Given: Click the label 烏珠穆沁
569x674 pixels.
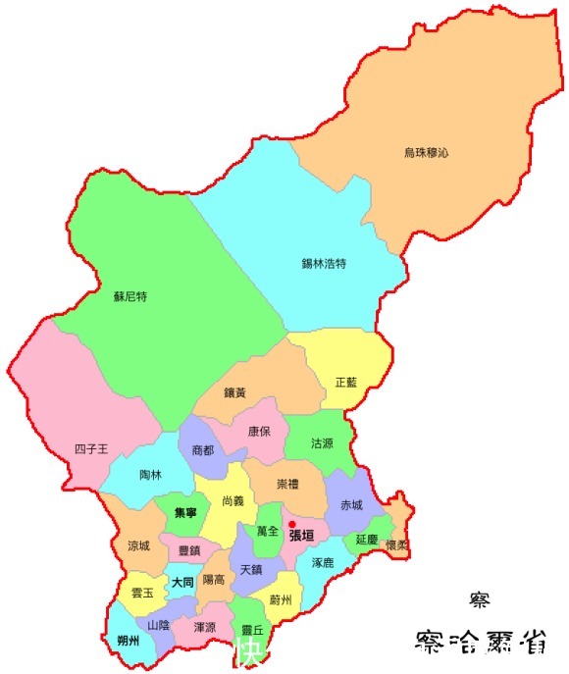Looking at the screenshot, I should (426, 153).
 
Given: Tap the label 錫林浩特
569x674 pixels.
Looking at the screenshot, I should (324, 264).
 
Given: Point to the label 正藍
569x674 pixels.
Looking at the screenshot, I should (347, 382).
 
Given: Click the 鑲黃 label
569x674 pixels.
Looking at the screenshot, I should (234, 392).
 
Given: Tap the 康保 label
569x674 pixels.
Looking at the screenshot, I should (259, 431).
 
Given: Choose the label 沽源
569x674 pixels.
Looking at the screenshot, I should (322, 443).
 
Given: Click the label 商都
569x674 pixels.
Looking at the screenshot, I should (203, 449).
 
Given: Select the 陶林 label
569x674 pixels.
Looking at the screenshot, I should (150, 474).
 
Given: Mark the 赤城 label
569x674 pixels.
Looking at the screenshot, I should (351, 505).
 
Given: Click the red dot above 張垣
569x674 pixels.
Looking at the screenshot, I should (291, 524).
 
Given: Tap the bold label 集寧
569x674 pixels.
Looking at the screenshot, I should (185, 513).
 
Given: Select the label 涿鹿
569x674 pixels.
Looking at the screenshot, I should (322, 563).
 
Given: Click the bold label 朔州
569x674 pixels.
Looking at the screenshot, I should (128, 641).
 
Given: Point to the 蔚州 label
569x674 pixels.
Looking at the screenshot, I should (281, 599).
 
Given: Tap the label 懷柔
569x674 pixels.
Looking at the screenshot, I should (396, 544).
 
